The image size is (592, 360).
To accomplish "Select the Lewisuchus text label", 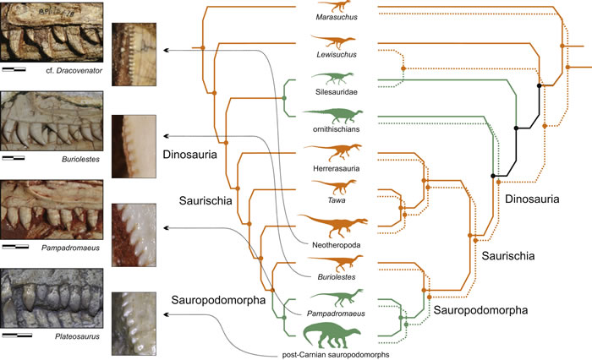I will pyautogui.click(x=330, y=56).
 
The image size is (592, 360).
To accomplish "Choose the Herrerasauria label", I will pyautogui.click(x=330, y=168).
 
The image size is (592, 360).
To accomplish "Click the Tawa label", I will pyautogui.click(x=330, y=202).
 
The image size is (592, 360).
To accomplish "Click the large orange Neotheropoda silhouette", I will pyautogui.click(x=330, y=224).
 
